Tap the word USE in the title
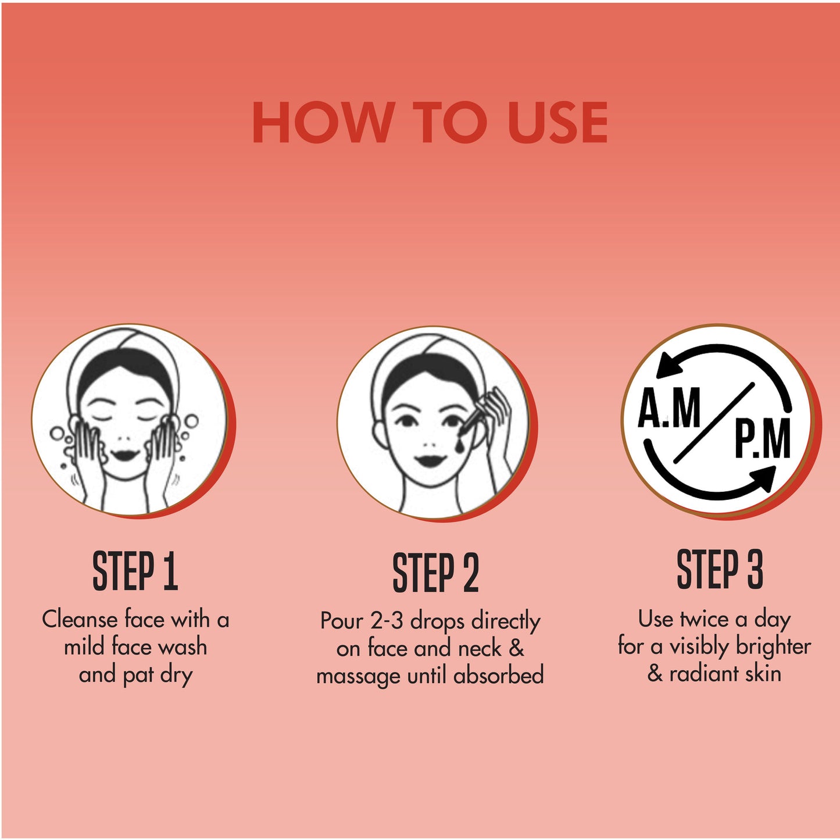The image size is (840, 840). tap(559, 122)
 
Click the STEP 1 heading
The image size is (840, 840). tap(135, 571)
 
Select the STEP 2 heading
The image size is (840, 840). tap(436, 573)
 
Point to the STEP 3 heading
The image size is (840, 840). tap(720, 569)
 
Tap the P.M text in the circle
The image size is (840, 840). tap(763, 438)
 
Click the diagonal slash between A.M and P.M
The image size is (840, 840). tap(714, 423)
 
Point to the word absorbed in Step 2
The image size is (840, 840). tap(499, 676)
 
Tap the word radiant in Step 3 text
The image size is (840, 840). tap(702, 674)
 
